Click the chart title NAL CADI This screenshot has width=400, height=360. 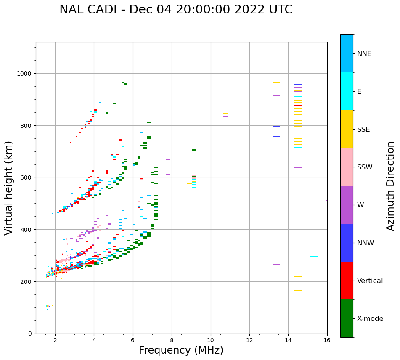point(176,10)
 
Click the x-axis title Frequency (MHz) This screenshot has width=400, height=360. point(181,350)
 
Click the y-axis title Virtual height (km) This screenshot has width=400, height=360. point(9,188)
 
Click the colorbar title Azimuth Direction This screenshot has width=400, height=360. point(391,185)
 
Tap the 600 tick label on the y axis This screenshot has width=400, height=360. point(26,177)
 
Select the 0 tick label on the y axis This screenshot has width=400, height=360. point(29,334)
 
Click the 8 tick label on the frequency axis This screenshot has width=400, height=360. point(172,341)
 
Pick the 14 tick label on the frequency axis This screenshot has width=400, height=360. point(288,341)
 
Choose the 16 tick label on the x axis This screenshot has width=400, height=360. point(327,341)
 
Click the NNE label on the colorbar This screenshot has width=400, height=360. point(364,54)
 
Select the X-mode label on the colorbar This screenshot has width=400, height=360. point(370,319)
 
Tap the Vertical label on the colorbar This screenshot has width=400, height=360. point(370,281)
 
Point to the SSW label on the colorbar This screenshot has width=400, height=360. point(365,167)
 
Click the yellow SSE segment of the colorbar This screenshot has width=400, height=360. point(347,129)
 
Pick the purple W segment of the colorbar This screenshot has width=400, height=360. point(347,205)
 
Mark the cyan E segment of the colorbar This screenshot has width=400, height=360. point(347,91)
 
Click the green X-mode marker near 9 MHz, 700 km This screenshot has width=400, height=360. point(194,150)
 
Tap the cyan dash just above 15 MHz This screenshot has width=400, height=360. point(313,256)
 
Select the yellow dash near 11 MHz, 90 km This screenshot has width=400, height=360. point(231,310)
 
